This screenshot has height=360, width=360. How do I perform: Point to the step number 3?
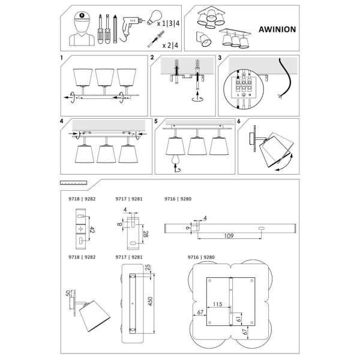(220, 59)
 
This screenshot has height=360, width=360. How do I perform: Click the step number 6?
(239, 121)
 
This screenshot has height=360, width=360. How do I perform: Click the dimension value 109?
(226, 236)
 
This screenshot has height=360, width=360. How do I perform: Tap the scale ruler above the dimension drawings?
(74, 182)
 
